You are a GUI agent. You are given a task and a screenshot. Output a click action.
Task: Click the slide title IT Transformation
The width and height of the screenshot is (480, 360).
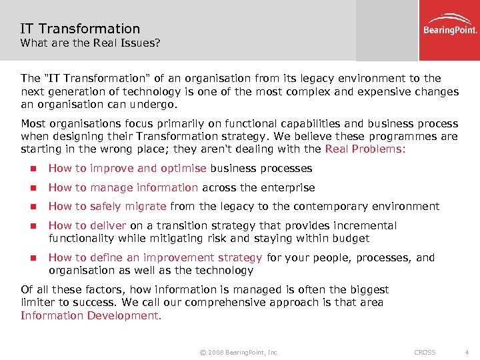coord(80,29)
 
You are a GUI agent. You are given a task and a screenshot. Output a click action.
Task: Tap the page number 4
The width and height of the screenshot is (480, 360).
coord(467,352)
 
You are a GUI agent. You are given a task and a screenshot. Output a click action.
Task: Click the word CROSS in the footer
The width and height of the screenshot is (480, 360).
coord(425,352)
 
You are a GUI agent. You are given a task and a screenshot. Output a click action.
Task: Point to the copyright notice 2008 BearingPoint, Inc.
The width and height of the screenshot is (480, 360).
coord(234,352)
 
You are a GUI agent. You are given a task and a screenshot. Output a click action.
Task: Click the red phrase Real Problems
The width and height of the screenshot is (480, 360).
coord(363,149)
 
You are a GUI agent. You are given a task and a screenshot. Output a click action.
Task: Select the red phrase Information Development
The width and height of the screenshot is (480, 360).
coord(90,315)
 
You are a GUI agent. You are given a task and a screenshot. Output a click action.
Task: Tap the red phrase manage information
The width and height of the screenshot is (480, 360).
coord(144,188)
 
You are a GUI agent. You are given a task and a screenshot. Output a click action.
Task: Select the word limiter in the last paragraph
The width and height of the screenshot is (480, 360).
coord(38,303)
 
